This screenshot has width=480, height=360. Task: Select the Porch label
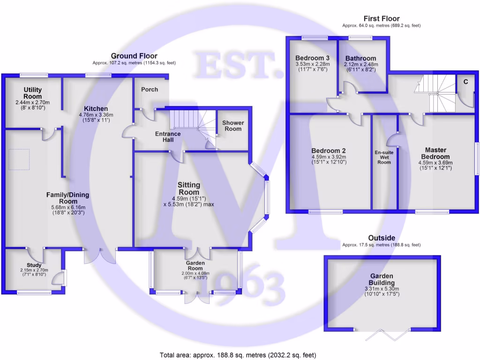150,89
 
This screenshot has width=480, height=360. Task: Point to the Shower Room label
233,126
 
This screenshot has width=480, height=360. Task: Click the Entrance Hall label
168,136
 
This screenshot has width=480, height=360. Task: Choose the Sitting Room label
188,188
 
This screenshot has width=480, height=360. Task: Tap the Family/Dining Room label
67,198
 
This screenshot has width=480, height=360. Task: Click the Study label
34,265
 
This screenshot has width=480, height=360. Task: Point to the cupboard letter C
465,82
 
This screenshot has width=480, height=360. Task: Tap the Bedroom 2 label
329,150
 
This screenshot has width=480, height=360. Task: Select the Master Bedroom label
435,153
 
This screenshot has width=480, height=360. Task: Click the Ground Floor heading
134,56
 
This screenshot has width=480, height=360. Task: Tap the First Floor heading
382,19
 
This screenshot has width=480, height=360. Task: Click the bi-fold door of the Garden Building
387,334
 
